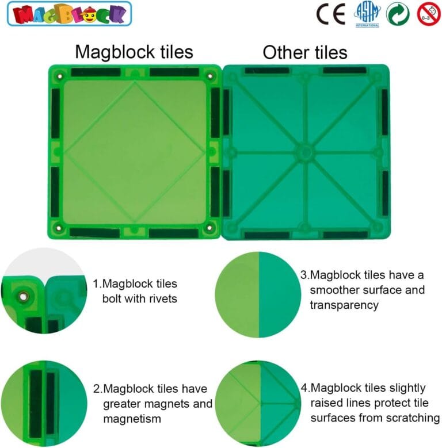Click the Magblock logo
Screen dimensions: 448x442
tap(69, 13)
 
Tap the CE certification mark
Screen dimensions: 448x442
tap(331, 13)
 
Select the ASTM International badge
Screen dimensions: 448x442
tap(367, 13)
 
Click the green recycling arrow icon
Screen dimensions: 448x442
tap(398, 13)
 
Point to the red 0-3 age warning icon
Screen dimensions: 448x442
tap(428, 13)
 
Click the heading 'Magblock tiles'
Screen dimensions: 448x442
tap(134, 52)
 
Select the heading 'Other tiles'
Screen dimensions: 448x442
tap(305, 53)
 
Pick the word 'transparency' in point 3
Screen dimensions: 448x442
tap(344, 305)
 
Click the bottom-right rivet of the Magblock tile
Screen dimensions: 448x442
tap(209, 228)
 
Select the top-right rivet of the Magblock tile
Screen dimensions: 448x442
tap(209, 75)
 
